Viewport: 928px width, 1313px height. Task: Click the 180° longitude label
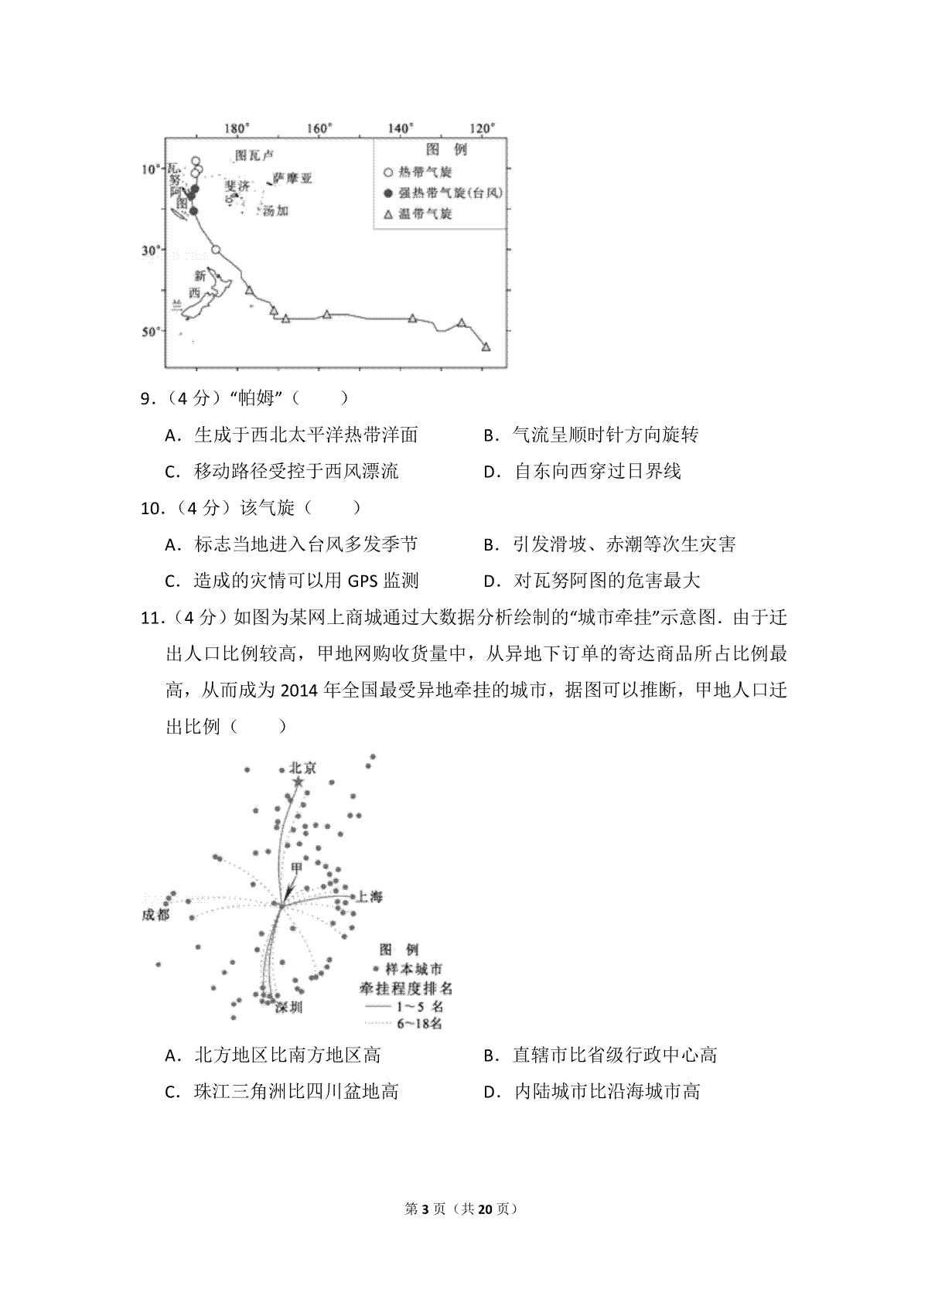tap(236, 128)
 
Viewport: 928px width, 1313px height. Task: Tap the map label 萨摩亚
tap(293, 179)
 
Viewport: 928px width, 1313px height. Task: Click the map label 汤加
tap(275, 210)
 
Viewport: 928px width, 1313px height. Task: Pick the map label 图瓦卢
tap(254, 155)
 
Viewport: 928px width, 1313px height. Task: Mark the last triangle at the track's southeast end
tap(486, 347)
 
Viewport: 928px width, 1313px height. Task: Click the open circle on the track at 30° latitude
tap(216, 250)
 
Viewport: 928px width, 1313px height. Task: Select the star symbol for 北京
tap(299, 783)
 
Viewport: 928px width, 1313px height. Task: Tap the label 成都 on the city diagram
tap(155, 916)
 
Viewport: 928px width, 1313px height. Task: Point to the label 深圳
tap(289, 1007)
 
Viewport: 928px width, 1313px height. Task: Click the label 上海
tap(368, 897)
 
